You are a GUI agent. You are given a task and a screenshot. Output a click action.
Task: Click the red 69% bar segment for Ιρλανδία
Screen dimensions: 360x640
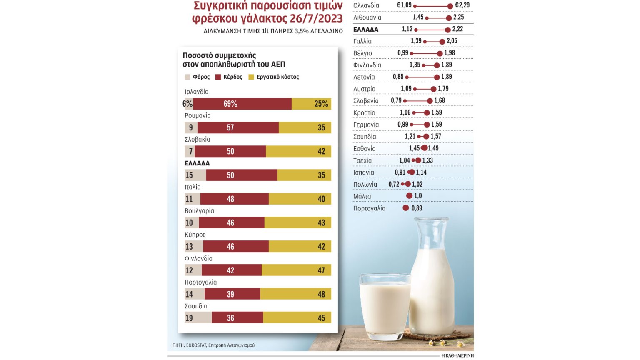(x=242, y=104)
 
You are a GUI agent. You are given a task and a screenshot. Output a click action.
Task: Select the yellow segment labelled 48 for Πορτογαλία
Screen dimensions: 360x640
(x=295, y=294)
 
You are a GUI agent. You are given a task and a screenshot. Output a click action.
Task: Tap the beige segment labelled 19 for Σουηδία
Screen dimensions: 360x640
(x=198, y=318)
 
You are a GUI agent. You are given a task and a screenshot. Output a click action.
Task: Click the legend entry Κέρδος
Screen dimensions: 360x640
(x=229, y=77)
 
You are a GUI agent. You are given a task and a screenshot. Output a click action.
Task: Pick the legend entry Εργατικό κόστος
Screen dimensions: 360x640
(x=274, y=77)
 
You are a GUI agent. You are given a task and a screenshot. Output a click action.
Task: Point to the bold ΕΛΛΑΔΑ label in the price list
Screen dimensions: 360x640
(x=366, y=30)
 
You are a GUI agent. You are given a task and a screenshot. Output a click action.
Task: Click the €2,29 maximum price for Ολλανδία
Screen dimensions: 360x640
(x=462, y=5)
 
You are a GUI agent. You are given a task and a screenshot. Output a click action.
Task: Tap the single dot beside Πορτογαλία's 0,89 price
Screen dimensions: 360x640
(x=406, y=208)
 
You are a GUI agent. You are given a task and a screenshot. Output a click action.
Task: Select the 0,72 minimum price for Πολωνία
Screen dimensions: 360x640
(x=394, y=184)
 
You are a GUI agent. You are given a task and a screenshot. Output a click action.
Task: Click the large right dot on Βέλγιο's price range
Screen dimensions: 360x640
(x=440, y=53)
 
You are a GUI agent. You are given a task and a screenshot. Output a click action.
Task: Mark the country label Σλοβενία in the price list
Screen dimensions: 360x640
(x=366, y=101)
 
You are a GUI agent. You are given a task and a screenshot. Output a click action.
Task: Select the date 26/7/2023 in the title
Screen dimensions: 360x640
(x=316, y=19)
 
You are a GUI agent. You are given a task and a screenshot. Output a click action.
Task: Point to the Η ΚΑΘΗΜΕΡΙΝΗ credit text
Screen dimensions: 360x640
(x=457, y=355)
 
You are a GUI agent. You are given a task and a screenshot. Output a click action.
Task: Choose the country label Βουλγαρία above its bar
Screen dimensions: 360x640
(x=199, y=211)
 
